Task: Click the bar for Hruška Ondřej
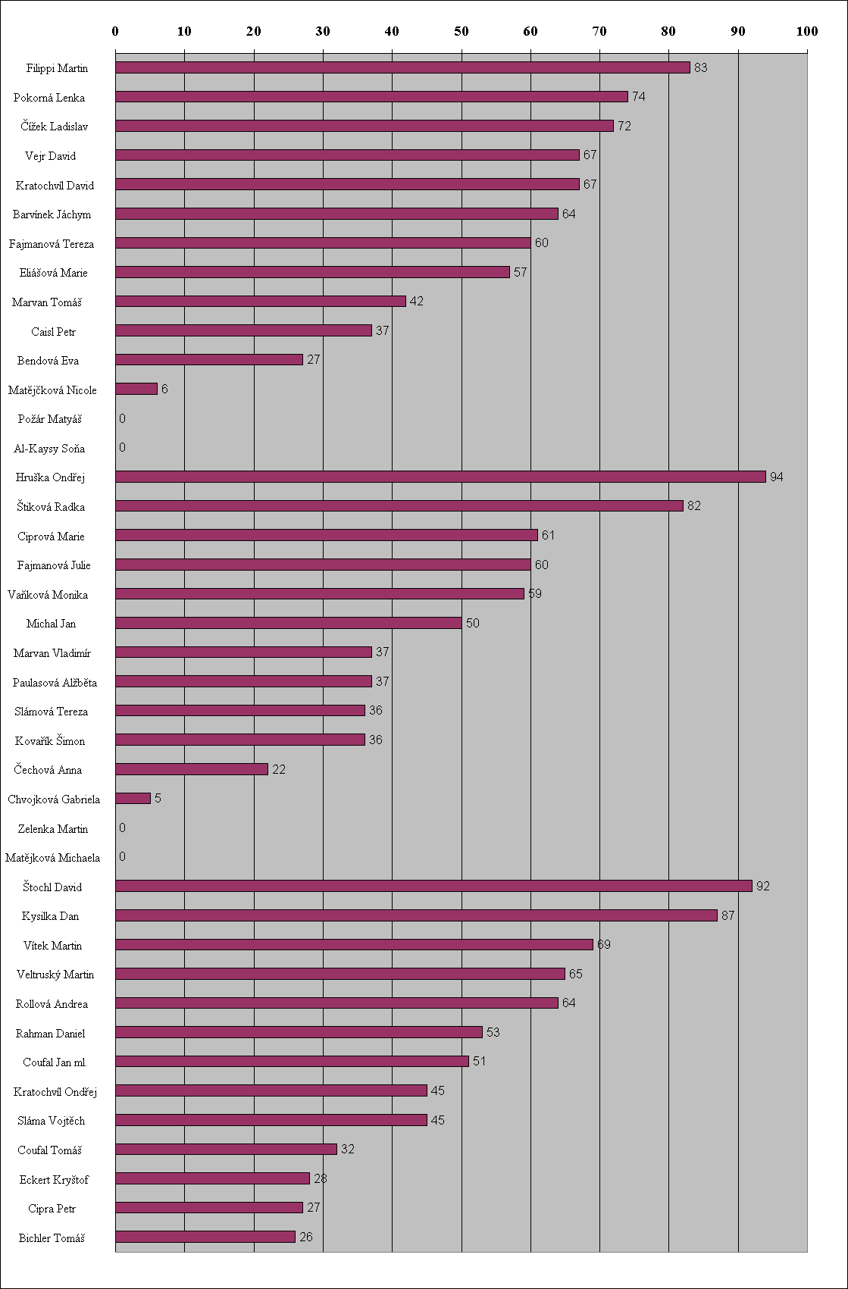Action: (x=440, y=477)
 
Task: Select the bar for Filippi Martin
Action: (x=402, y=67)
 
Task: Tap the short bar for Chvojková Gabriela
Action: (x=133, y=799)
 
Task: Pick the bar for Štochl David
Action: (x=433, y=886)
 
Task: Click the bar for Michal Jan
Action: (x=289, y=623)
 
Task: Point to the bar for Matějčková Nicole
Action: (x=136, y=389)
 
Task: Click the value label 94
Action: (x=777, y=477)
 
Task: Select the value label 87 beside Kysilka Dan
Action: (x=728, y=915)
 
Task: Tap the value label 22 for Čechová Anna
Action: (x=279, y=769)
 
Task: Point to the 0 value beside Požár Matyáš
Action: (x=122, y=418)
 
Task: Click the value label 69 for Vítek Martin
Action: (x=604, y=944)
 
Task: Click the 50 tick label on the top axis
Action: (x=462, y=31)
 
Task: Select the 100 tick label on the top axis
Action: (x=807, y=31)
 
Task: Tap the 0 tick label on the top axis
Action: (x=115, y=31)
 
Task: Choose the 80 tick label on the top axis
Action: (x=668, y=31)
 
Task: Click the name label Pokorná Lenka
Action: (x=49, y=98)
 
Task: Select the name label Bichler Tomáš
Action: (x=52, y=1238)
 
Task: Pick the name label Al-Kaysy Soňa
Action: (x=49, y=449)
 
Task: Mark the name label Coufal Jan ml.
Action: (x=55, y=1062)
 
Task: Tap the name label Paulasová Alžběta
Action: (x=55, y=683)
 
